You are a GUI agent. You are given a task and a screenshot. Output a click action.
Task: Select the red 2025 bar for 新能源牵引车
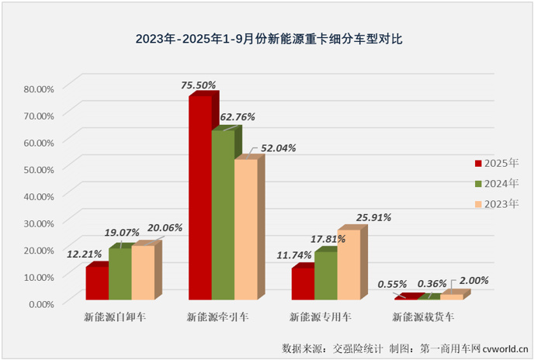(x=200, y=198)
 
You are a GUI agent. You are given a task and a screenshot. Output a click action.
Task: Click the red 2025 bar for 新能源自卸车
(x=97, y=283)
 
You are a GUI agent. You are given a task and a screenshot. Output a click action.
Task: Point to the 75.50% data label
(x=197, y=84)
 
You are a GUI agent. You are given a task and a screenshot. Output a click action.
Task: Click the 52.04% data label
(x=278, y=147)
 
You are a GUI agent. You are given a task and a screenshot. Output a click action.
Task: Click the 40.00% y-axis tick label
(x=39, y=196)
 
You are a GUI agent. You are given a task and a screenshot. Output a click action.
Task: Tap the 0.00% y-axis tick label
(x=41, y=303)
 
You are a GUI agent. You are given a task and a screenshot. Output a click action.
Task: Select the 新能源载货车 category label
(x=423, y=317)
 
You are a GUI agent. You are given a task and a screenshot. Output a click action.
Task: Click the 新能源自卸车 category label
(x=115, y=317)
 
